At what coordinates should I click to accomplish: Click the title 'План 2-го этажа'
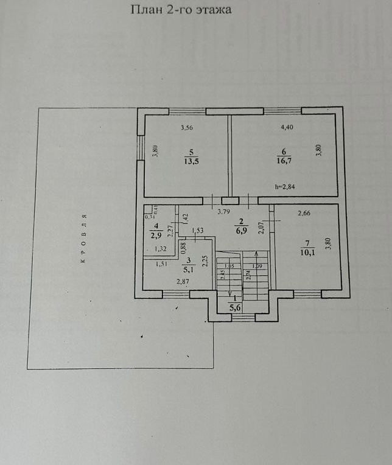click(182, 10)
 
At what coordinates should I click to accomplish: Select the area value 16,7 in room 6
click(284, 161)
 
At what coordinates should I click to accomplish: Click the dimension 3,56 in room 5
click(187, 128)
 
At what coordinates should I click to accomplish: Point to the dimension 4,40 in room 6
click(287, 128)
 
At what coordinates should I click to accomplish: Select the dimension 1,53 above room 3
click(197, 230)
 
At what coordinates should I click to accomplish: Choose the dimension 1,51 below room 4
click(161, 264)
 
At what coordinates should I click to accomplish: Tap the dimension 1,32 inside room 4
click(161, 249)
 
